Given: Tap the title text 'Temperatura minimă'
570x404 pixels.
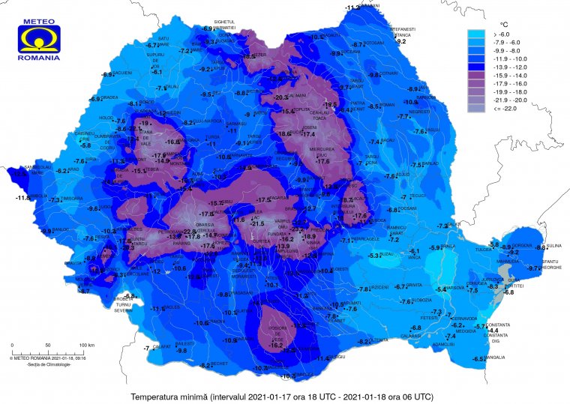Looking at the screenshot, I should [169, 395].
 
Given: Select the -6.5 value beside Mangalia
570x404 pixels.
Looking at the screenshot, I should [478, 359].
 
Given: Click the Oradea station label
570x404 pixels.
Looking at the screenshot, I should [111, 97].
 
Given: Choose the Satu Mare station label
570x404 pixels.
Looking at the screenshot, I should [163, 40].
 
